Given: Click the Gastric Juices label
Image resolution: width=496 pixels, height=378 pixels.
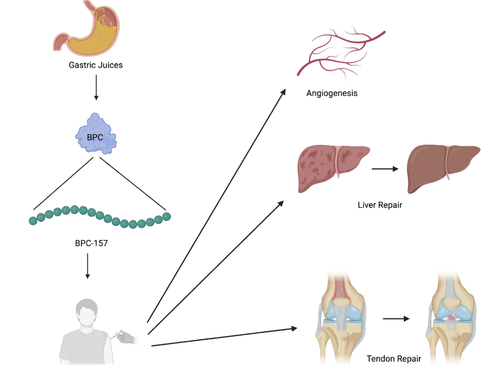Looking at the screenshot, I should [96, 65].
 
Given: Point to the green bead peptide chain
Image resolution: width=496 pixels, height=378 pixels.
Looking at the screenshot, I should [99, 216].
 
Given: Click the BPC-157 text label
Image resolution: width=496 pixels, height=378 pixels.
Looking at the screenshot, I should [91, 243].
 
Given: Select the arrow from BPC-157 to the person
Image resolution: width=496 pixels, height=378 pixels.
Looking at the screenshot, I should [87, 266].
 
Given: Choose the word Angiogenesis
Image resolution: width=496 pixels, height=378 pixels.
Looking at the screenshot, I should [332, 93].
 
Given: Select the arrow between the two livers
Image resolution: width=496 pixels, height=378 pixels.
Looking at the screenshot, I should [385, 169].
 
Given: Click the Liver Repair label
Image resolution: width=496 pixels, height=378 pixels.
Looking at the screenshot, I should [380, 205].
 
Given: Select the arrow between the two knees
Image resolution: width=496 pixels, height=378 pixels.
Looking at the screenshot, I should [396, 319].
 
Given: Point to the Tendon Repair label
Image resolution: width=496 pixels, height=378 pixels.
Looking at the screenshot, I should [394, 359].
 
